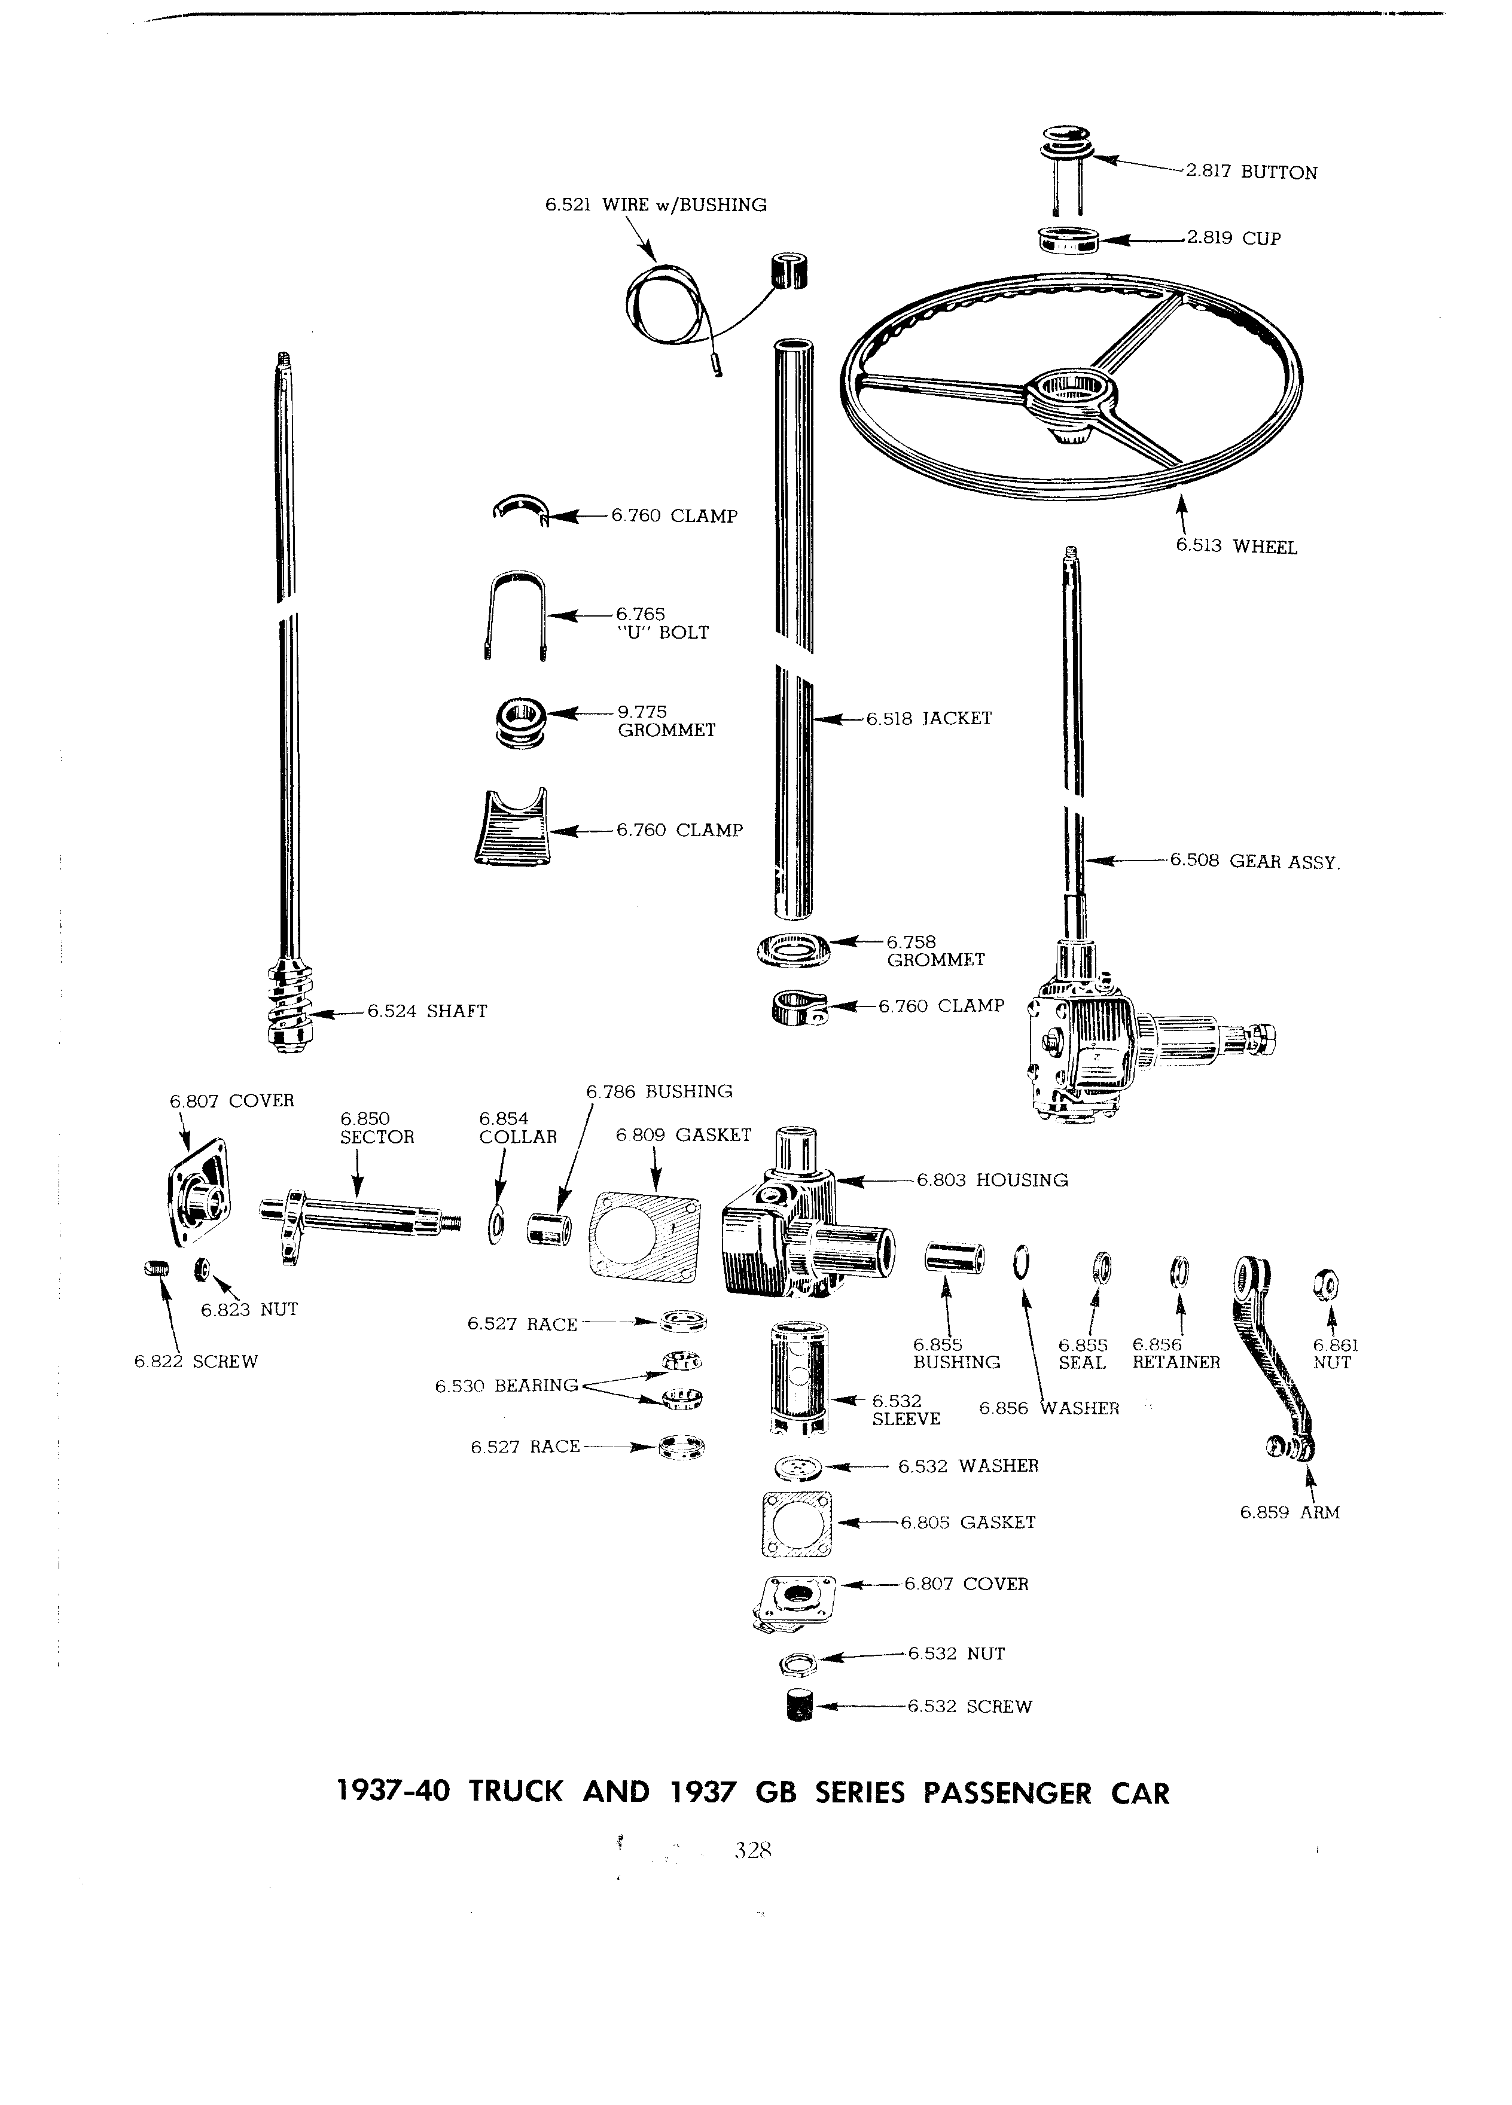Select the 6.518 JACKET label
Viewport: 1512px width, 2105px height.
pyautogui.click(x=929, y=718)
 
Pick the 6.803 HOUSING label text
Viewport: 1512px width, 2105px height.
pyautogui.click(x=992, y=1180)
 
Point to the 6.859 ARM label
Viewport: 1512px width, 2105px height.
pyautogui.click(x=1290, y=1513)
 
